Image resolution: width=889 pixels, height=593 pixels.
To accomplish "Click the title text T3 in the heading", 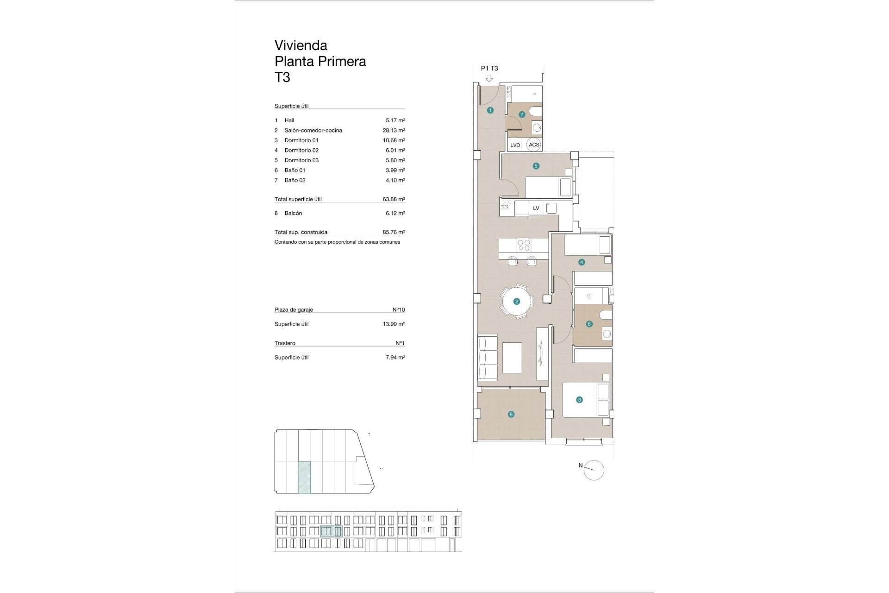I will point(282,77).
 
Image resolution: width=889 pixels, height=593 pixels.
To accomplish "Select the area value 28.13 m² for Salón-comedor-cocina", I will point(394,131).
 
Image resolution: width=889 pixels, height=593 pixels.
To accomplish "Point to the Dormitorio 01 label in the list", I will point(301,140).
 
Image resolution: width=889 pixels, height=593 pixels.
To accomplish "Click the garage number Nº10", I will point(398,310).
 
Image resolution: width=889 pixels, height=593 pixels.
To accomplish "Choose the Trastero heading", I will point(285,343).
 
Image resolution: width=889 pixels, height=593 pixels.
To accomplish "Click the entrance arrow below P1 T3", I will point(489,79).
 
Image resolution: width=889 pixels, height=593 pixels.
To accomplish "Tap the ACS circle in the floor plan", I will point(534,145).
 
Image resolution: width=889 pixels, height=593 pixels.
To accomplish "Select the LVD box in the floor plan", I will point(515,145).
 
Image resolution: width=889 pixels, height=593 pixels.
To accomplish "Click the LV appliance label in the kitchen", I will point(536,208).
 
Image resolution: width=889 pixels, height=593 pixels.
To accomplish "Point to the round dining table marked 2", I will point(516,302).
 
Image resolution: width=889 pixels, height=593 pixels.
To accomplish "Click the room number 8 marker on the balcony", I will point(511,414).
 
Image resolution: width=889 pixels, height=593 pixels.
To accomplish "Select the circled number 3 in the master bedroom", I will point(579,400).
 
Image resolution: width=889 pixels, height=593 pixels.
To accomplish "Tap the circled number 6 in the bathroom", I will point(589,324).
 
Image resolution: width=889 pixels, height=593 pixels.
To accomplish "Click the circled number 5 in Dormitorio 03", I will point(536,166).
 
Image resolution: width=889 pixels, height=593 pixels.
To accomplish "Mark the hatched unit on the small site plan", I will point(304,477).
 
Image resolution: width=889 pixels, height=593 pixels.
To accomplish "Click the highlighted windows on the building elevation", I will point(331,531).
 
